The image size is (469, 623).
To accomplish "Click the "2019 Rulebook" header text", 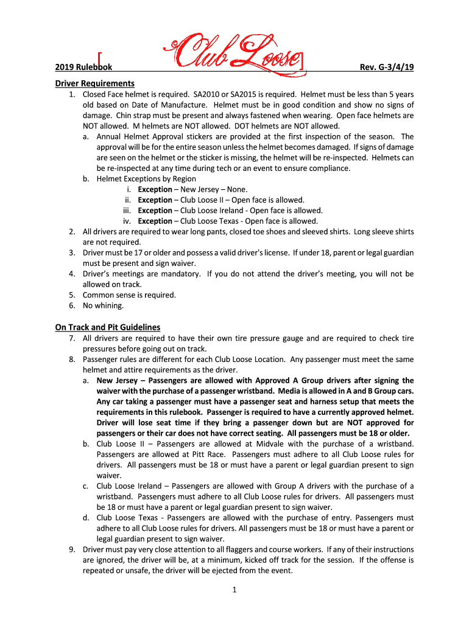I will [82, 68].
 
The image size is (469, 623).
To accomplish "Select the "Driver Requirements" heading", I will [94, 83].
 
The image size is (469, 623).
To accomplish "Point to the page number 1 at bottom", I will [234, 589].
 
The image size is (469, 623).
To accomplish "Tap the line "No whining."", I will [103, 305].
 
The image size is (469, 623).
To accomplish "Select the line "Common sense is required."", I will [129, 295].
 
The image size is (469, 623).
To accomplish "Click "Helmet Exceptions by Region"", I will [146, 179].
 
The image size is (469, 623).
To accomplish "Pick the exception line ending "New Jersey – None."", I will [192, 189].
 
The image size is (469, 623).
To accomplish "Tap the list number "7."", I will [72, 338].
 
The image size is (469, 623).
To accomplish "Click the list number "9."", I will [72, 549].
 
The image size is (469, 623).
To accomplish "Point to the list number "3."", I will [72, 252].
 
